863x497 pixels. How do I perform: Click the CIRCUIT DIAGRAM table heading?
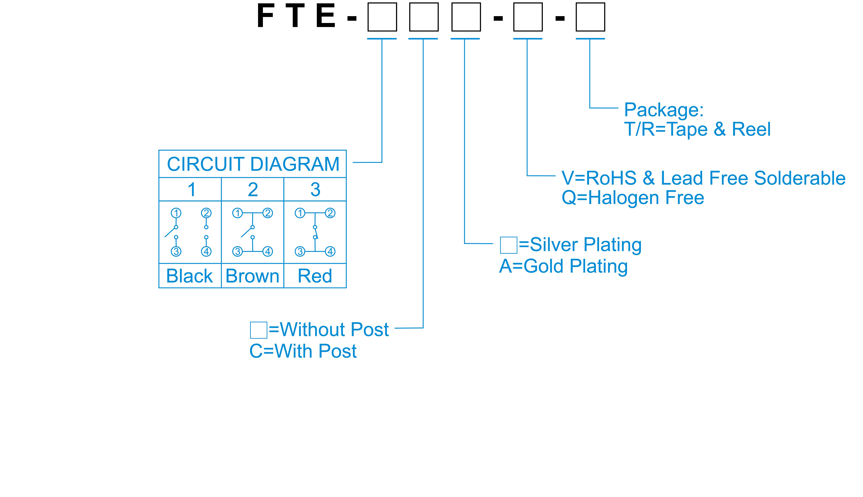click(x=253, y=164)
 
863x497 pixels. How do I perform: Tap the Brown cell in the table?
click(x=252, y=276)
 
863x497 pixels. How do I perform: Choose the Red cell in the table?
click(x=315, y=276)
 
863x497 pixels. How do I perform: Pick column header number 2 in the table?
click(x=253, y=189)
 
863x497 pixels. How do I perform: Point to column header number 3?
click(x=315, y=189)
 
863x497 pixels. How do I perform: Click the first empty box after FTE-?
click(x=382, y=17)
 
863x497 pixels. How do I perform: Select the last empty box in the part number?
click(x=590, y=17)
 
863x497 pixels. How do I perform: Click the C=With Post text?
click(x=303, y=351)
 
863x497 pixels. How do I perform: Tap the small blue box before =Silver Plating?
click(x=509, y=245)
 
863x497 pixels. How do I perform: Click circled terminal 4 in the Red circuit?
click(x=330, y=252)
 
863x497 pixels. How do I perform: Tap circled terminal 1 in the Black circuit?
click(x=176, y=213)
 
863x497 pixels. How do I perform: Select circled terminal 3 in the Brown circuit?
click(x=237, y=252)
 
